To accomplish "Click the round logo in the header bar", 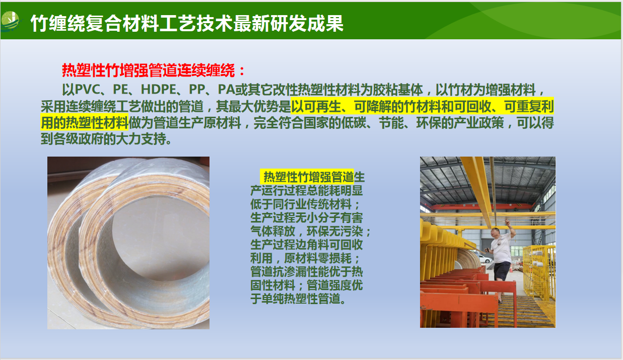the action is [10, 21].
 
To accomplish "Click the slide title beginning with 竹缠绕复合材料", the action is [187, 23].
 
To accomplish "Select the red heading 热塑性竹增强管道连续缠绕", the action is [149, 70].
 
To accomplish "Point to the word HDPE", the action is [158, 90].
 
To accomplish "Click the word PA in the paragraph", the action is [226, 90].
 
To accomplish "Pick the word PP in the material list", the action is [197, 90].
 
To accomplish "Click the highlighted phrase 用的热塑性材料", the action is [84, 122].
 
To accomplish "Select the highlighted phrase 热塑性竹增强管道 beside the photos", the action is [308, 177].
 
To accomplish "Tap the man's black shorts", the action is [502, 270].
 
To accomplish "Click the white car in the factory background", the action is [486, 259].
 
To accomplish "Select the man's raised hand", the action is [507, 221].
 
